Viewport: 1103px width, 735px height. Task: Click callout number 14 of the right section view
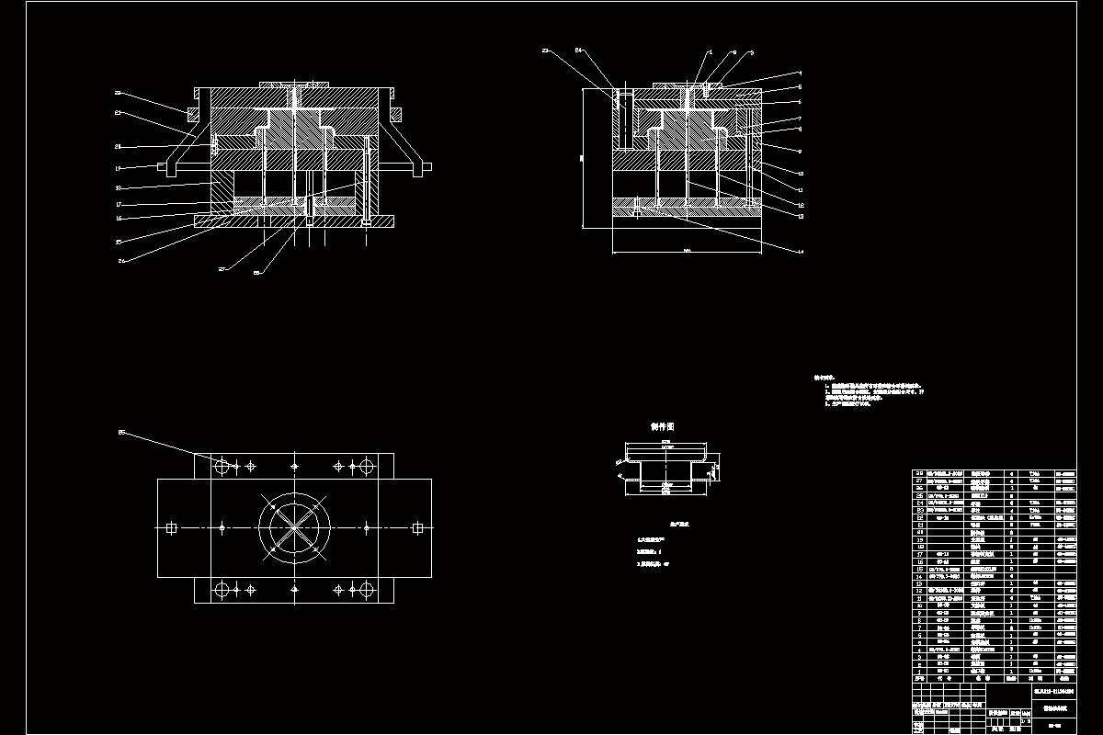point(799,251)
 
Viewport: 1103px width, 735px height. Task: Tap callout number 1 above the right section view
point(710,52)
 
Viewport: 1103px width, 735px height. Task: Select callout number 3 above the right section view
point(751,53)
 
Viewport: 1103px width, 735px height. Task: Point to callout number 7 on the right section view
point(800,118)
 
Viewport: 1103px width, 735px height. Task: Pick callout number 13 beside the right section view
point(800,217)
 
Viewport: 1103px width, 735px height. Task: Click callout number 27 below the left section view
point(222,269)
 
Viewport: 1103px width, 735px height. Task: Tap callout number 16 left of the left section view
point(119,218)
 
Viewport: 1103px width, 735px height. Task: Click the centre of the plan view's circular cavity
point(294,527)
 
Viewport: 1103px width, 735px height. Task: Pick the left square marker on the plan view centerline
point(171,527)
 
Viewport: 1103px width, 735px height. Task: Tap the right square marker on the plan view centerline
point(417,527)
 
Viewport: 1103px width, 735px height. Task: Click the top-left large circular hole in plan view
point(222,467)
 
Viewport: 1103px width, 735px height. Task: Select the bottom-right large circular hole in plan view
point(366,588)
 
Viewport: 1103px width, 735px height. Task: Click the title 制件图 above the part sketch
point(662,427)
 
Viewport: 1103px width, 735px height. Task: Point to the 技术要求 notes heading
point(823,377)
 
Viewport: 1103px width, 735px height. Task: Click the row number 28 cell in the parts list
point(918,474)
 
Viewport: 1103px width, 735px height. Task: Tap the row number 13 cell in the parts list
point(918,583)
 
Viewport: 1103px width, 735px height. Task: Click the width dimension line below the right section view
point(686,252)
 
